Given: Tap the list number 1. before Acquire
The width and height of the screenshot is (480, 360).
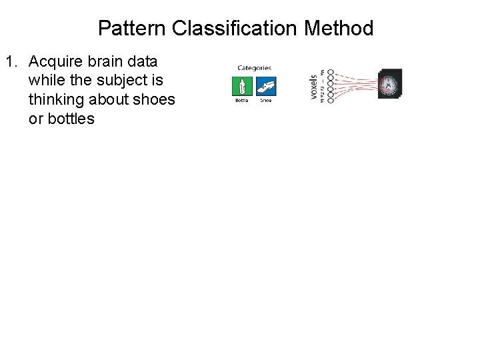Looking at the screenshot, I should [x=11, y=63].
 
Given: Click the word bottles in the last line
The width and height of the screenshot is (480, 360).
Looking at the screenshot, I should [x=71, y=119].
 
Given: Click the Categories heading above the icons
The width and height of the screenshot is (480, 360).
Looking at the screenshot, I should [x=254, y=67].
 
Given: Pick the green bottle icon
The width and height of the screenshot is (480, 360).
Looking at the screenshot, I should [x=241, y=87].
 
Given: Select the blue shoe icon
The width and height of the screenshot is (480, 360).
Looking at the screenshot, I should [x=266, y=87].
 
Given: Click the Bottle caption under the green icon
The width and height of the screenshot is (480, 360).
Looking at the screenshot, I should [x=241, y=101].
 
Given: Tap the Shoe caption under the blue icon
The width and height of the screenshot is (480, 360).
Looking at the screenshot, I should [x=266, y=101].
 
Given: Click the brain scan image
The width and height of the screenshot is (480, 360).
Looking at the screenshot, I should [x=390, y=85].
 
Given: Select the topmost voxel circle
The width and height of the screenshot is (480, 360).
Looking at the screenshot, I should [x=331, y=72].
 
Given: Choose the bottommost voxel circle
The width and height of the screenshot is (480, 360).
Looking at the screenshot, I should [x=331, y=100].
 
